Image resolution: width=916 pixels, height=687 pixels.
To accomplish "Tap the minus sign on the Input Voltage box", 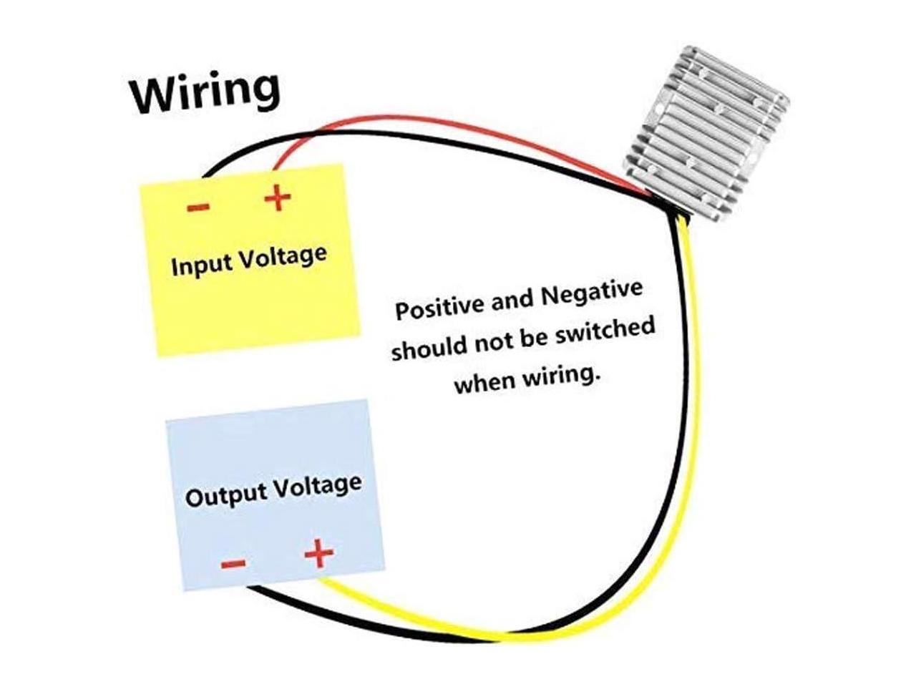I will (198, 208).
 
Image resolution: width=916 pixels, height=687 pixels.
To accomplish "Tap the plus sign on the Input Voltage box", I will (278, 198).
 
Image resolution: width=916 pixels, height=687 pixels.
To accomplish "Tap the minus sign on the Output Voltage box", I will (233, 563).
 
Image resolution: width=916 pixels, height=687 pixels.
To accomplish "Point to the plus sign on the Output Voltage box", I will (319, 553).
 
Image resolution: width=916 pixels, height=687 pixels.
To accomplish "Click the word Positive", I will (440, 306).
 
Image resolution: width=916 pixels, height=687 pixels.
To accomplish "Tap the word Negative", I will (591, 293).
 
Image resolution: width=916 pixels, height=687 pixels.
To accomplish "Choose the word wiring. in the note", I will (559, 375).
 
